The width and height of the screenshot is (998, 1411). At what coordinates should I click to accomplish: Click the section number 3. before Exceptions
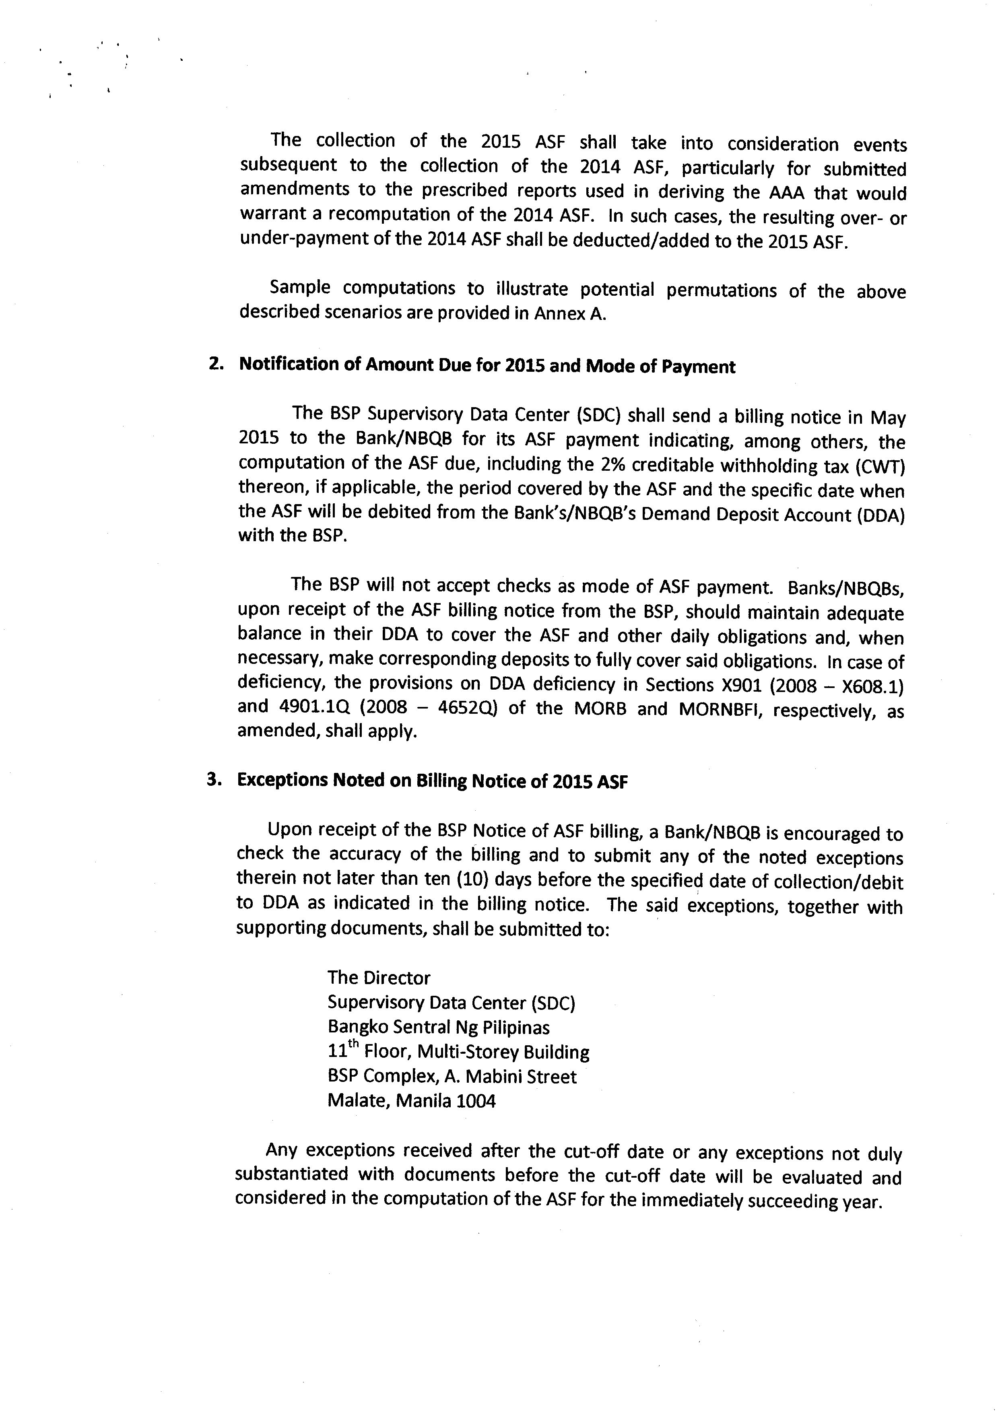(213, 780)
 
